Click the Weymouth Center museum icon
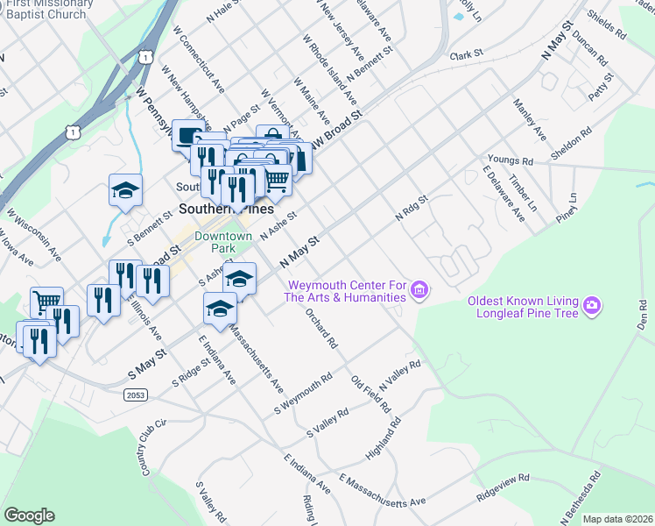click(419, 289)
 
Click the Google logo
click(29, 515)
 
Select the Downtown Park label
click(223, 243)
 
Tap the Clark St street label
click(466, 54)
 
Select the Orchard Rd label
click(322, 329)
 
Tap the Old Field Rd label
click(370, 394)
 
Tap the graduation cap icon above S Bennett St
click(125, 189)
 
